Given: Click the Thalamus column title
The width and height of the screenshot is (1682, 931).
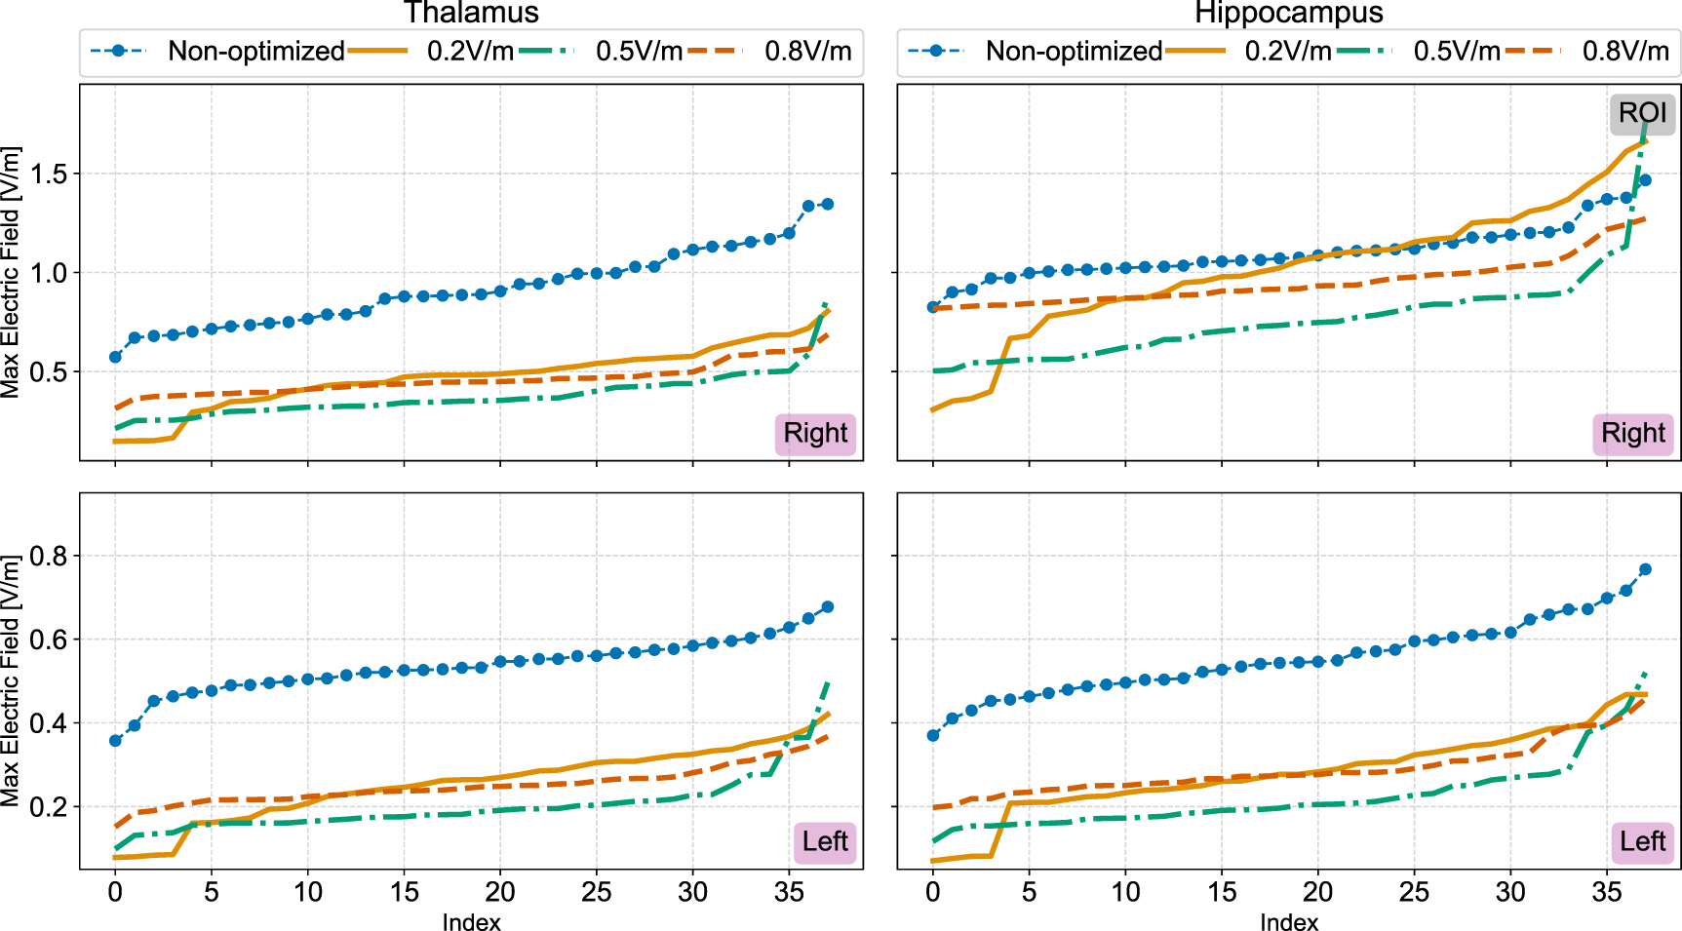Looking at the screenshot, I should [471, 13].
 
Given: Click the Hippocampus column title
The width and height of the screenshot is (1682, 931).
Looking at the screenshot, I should [1288, 13].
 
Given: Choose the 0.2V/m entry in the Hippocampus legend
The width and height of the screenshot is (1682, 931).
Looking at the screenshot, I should [1287, 51].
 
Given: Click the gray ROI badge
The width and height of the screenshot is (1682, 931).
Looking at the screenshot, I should [1642, 113].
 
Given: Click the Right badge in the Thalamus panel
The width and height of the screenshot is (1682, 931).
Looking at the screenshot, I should [815, 433].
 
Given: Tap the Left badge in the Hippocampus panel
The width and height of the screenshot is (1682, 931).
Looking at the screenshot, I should [1642, 841].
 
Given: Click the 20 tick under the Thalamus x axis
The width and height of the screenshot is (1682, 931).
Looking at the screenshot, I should [500, 891].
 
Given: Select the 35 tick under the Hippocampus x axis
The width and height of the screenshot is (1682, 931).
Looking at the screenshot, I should [1607, 891].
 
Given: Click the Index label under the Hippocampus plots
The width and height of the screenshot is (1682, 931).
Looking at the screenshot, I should [1288, 921].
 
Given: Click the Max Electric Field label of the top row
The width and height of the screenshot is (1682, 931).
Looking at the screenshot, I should [11, 272].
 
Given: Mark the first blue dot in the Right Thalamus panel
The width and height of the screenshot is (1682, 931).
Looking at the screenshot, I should [115, 357].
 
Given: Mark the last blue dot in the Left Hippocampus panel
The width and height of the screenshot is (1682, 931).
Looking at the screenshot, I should [1645, 569].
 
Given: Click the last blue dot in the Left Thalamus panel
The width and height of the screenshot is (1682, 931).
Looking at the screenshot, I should [828, 606].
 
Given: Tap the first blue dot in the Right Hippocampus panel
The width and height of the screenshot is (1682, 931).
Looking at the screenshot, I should [933, 307].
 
